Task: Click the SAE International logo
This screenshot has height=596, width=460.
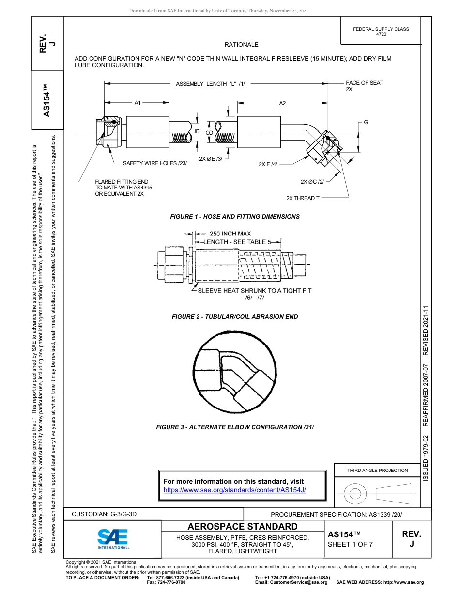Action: point(112,538)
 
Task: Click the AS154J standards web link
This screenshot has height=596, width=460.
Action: point(234,490)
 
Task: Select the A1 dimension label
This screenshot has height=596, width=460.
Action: point(138,103)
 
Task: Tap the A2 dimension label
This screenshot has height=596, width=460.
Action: point(283,103)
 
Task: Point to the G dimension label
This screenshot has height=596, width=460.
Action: point(366,122)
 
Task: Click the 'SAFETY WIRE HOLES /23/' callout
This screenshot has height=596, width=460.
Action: point(154,163)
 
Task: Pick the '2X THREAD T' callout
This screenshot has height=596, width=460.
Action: point(303,198)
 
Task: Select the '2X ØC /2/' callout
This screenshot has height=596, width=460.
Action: point(312,182)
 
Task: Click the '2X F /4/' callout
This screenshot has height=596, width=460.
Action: point(268,164)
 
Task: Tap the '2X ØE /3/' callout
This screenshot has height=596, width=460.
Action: point(211,158)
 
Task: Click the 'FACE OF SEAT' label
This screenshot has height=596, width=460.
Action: point(364,83)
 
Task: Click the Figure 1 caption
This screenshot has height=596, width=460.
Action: point(235,216)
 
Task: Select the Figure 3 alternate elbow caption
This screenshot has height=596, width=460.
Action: point(235,427)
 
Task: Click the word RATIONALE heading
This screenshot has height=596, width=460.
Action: point(241,45)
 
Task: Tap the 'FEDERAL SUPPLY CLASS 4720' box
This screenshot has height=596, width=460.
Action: point(381,31)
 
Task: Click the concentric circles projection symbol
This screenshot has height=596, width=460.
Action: point(355,494)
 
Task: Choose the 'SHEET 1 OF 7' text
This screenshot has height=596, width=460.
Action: point(350,544)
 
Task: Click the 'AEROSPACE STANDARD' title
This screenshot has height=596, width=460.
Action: point(243,526)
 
